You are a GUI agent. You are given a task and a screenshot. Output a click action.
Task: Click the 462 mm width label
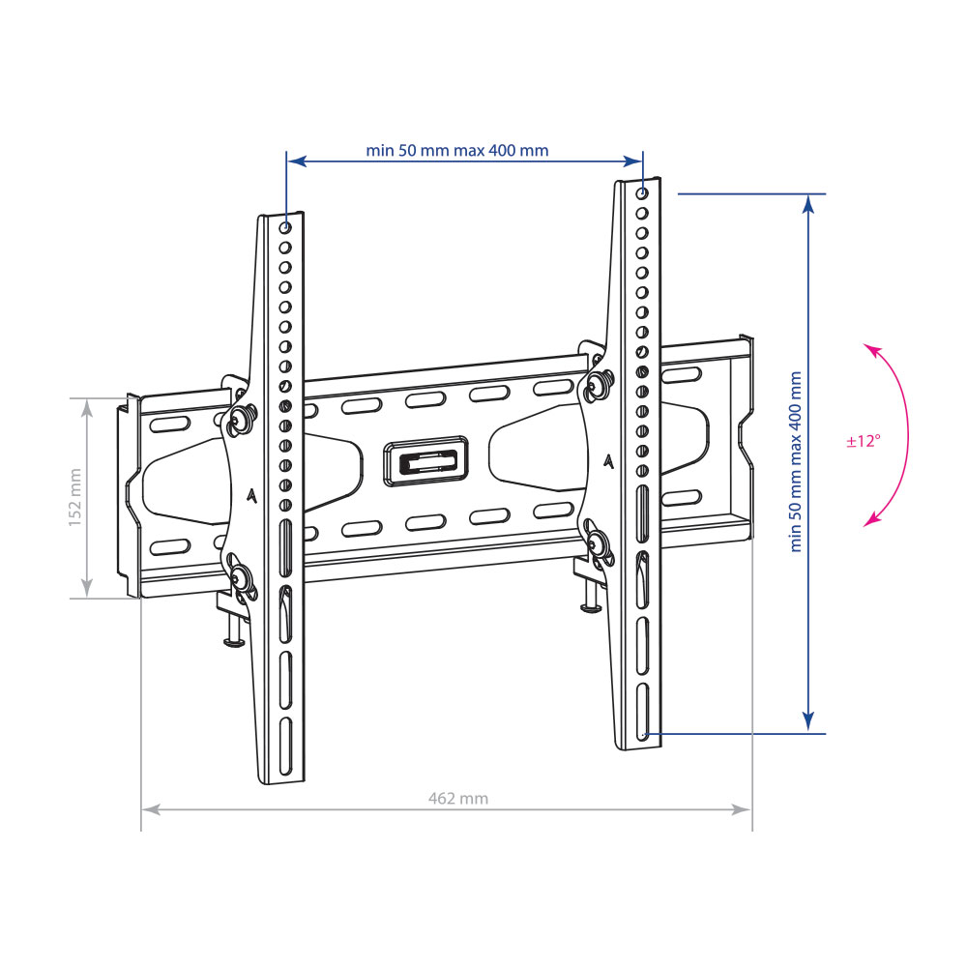point(458,799)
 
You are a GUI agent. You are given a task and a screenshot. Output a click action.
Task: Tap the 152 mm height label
point(74,497)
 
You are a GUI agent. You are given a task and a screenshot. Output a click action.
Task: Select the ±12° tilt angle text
point(864,441)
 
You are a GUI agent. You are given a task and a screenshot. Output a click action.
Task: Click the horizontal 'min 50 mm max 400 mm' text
point(457,151)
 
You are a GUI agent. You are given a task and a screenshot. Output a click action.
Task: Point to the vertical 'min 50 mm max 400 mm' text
point(796,461)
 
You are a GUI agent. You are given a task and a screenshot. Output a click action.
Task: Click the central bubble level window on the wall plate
point(425,461)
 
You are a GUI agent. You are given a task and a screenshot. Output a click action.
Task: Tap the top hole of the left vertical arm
point(285,228)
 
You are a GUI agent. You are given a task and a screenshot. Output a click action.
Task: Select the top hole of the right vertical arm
point(642,193)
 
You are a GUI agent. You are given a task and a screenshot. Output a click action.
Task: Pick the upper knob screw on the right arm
point(597,384)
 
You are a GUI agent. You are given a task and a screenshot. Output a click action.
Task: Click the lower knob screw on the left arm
point(240,578)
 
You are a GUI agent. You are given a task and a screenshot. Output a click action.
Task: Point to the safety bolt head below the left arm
point(234,643)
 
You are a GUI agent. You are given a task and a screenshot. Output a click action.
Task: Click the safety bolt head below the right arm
point(591,608)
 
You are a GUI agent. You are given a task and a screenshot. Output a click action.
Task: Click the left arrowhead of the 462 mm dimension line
point(151,809)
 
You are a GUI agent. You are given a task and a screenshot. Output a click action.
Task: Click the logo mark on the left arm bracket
point(251,496)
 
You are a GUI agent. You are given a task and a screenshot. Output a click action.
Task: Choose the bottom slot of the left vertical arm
point(285,746)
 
